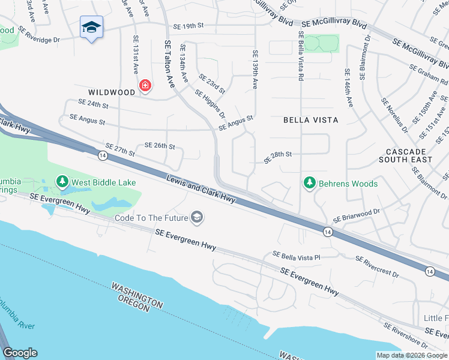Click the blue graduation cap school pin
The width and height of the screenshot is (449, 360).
click(92, 27)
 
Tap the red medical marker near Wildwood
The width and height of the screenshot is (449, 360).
click(145, 86)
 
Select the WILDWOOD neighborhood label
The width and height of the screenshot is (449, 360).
click(112, 92)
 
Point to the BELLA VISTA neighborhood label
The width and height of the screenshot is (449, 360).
click(310, 120)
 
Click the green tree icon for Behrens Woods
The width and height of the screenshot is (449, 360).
click(309, 182)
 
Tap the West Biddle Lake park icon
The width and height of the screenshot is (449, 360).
click(62, 181)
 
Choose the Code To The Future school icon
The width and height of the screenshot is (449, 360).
click(196, 217)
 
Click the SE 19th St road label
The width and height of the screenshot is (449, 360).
click(189, 26)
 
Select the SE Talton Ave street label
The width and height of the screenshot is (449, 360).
click(169, 64)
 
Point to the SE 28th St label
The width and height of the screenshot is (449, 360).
click(278, 154)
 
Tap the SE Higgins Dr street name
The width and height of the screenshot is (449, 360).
click(210, 103)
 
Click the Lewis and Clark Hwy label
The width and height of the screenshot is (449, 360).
click(200, 188)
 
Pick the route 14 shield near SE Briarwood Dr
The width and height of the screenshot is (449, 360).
click(327, 232)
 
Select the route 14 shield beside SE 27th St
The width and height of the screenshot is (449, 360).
click(103, 156)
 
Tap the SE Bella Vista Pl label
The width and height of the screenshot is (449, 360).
click(297, 256)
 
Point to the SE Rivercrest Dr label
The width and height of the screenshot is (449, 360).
click(377, 266)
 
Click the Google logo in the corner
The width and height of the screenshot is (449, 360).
click(20, 353)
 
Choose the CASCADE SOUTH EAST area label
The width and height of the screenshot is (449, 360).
click(406, 156)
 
